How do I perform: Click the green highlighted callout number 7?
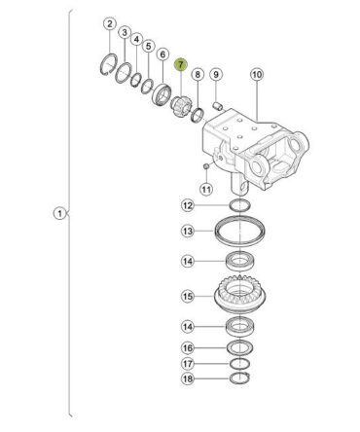coord(181,64)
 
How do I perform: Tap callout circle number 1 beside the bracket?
coord(59,214)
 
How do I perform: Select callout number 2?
coord(110,23)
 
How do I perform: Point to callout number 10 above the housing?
coord(257,75)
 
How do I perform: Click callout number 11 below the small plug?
coord(206,189)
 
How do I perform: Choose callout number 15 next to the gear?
coord(188,297)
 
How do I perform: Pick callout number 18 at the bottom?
coord(188,378)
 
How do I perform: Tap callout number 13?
coord(188,231)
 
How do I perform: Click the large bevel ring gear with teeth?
coord(240,295)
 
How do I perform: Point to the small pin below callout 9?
coord(217,105)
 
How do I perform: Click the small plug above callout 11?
coord(205,166)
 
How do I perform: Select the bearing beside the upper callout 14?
coord(239,261)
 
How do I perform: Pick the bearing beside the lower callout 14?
coord(239,327)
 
